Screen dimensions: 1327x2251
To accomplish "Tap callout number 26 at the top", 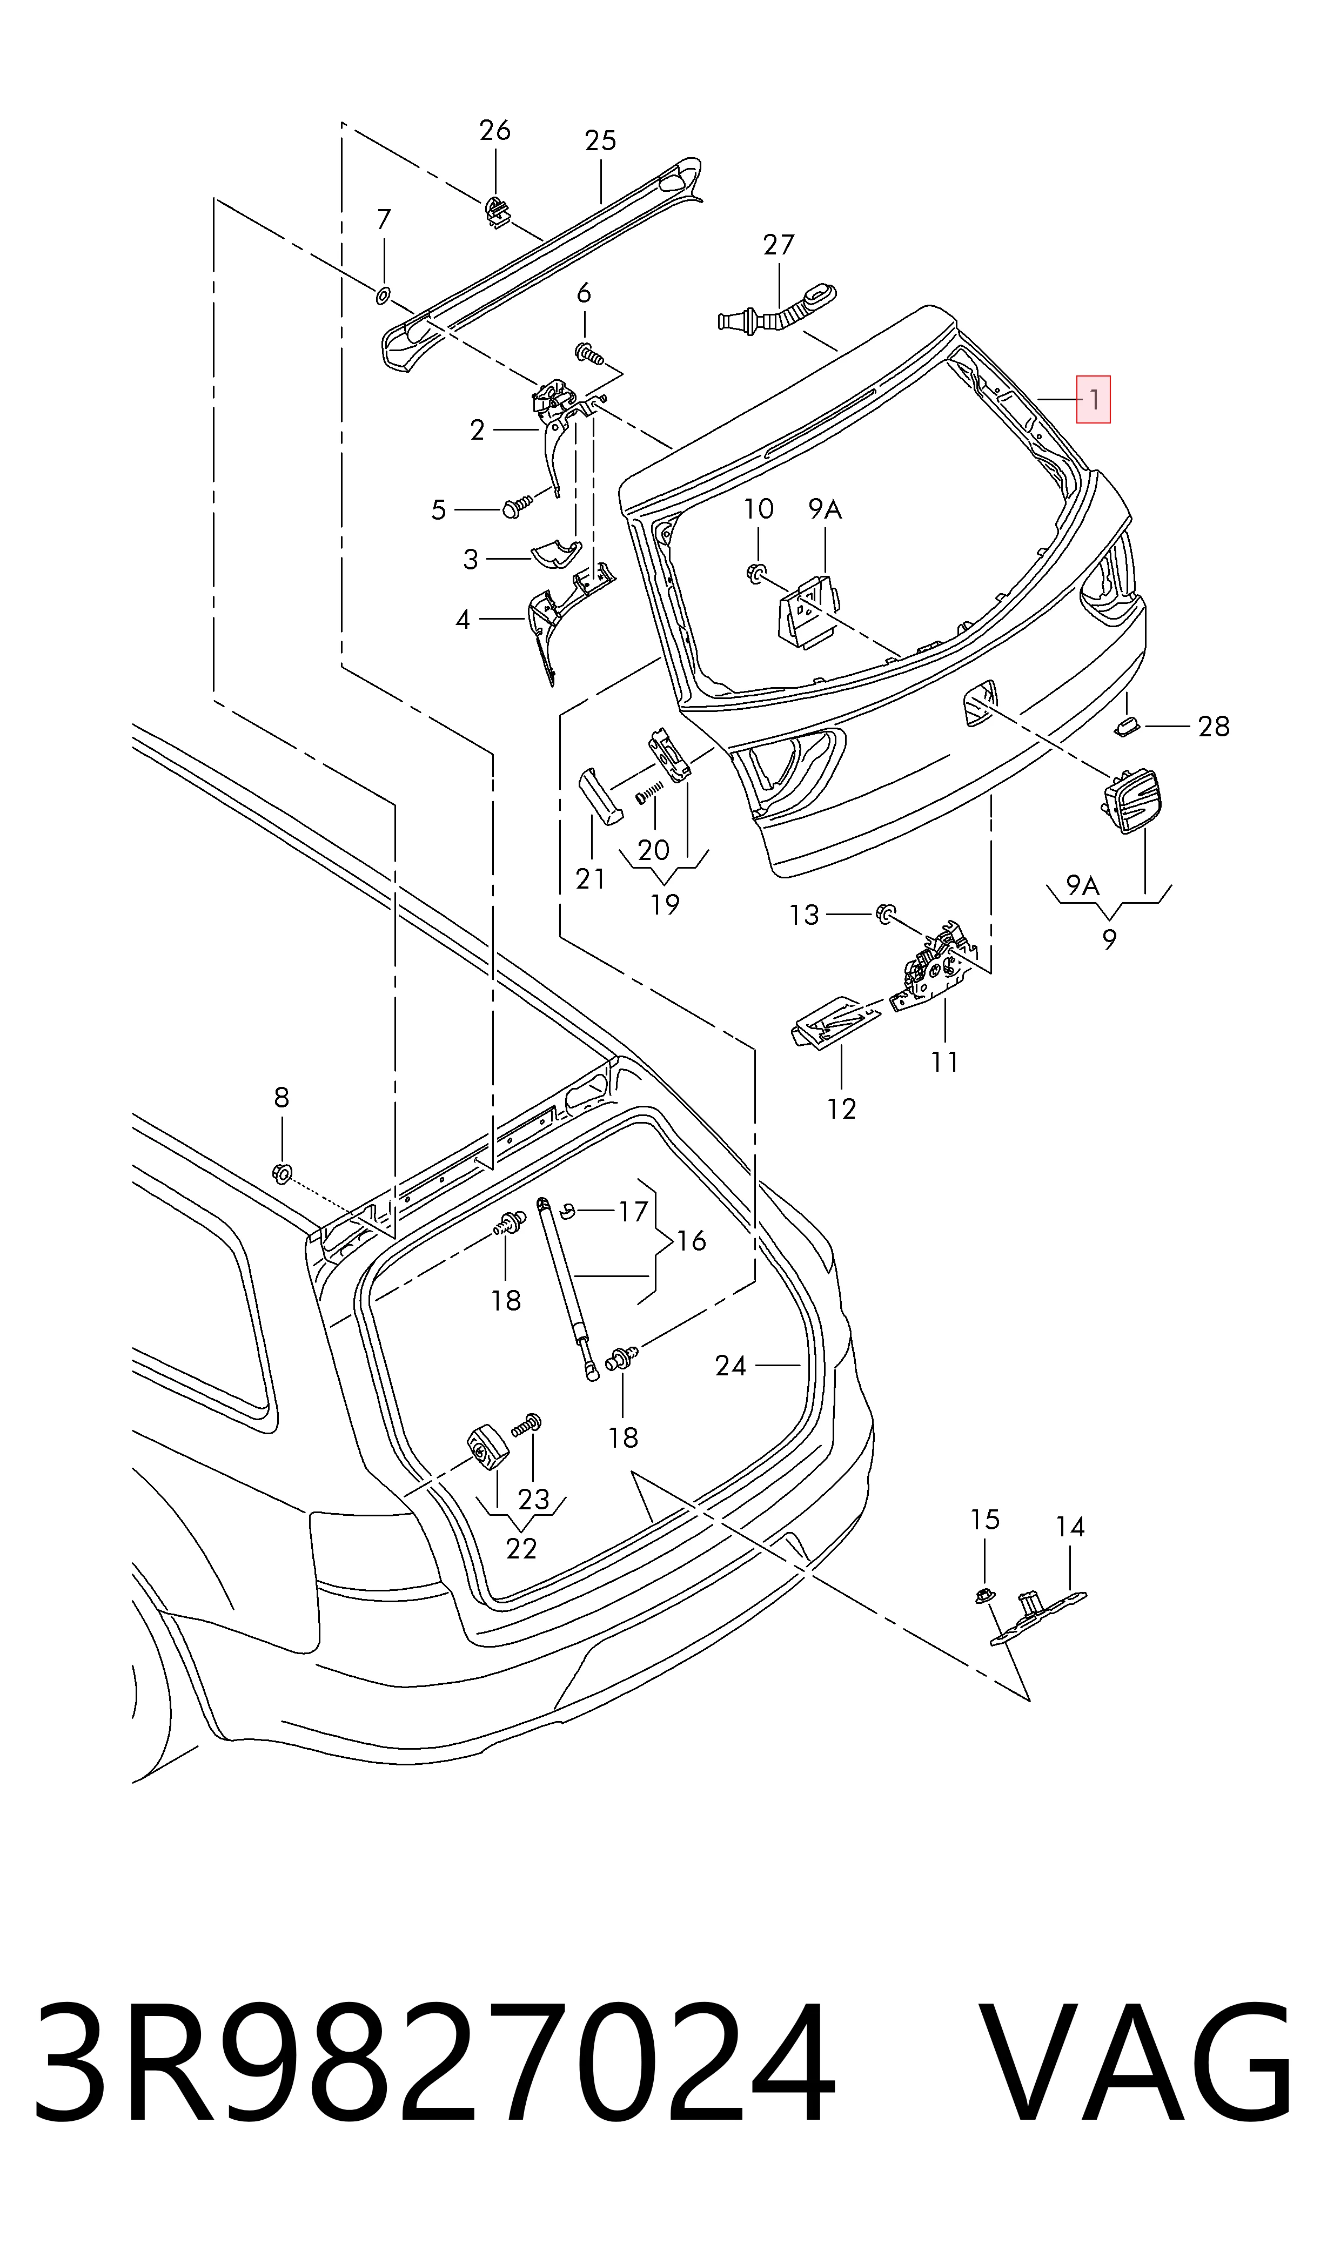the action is point(494,131).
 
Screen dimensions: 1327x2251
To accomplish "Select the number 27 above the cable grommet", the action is point(778,244).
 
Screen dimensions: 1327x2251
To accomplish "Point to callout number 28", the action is point(1214,727).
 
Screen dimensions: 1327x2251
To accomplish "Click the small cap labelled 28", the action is point(1126,724).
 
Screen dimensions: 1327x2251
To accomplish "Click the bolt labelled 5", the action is point(518,507).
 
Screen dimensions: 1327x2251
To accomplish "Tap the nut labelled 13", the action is point(885,913).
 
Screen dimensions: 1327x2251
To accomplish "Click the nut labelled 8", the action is point(281,1173).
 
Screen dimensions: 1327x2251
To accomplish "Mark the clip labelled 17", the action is point(566,1211).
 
